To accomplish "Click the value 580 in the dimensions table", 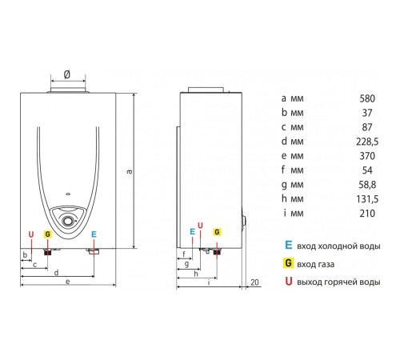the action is click(x=367, y=98).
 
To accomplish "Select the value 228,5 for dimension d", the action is click(x=367, y=142).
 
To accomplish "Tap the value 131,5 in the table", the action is click(x=367, y=199).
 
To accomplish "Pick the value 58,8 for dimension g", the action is click(x=367, y=185).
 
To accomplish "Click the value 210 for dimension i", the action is click(x=367, y=214).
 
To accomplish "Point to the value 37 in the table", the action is click(x=367, y=113).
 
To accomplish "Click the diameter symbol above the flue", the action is click(x=67, y=74).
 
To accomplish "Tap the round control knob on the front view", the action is click(x=67, y=221).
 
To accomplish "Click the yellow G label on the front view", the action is click(x=48, y=234).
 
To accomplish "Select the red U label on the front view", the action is click(x=31, y=234).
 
